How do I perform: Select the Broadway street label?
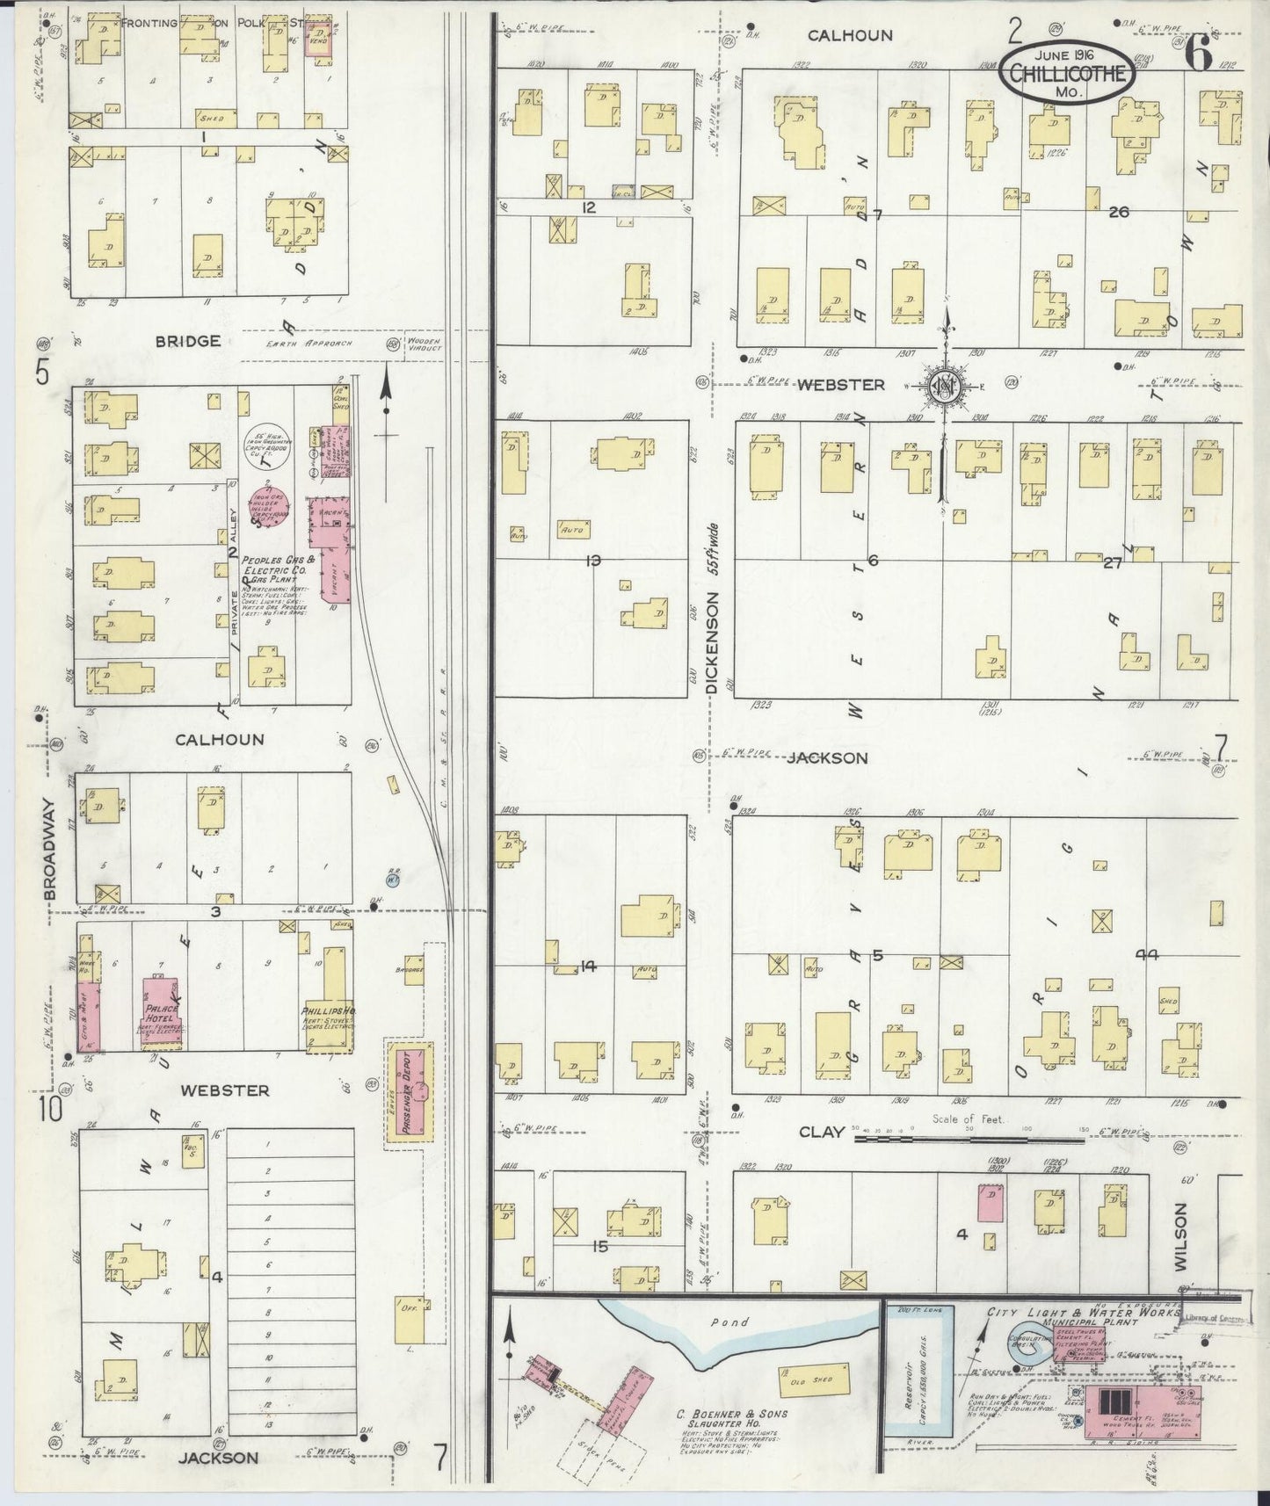click(49, 849)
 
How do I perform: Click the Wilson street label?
click(1180, 1236)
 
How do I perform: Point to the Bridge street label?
click(187, 341)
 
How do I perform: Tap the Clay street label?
click(821, 1132)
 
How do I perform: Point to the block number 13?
click(593, 560)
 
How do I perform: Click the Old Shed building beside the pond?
click(814, 1378)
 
